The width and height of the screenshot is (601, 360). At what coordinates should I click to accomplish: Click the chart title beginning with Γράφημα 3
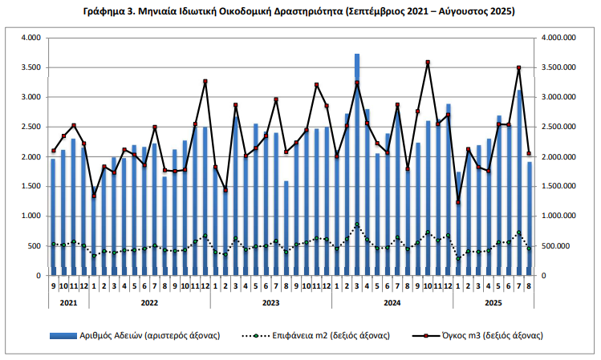[x=298, y=12]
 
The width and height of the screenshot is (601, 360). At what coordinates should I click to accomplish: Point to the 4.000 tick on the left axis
[x=31, y=38]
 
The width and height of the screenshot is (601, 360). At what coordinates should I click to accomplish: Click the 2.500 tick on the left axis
[x=31, y=127]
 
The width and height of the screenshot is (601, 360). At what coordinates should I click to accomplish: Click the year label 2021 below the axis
[x=68, y=302]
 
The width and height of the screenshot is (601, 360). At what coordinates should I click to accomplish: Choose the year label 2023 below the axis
[x=271, y=302]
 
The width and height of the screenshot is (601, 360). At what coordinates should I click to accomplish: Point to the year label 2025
[x=493, y=302]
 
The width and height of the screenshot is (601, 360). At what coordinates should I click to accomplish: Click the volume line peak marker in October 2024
[x=428, y=62]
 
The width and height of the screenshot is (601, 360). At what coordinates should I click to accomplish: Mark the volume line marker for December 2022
[x=205, y=81]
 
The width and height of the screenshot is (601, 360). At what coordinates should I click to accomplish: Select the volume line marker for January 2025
[x=458, y=202]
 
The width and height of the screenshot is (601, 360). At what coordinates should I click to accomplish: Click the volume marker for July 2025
[x=518, y=67]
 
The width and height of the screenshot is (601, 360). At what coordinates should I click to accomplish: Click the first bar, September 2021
[x=53, y=216]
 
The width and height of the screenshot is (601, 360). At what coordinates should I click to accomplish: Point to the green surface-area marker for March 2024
[x=357, y=224]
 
